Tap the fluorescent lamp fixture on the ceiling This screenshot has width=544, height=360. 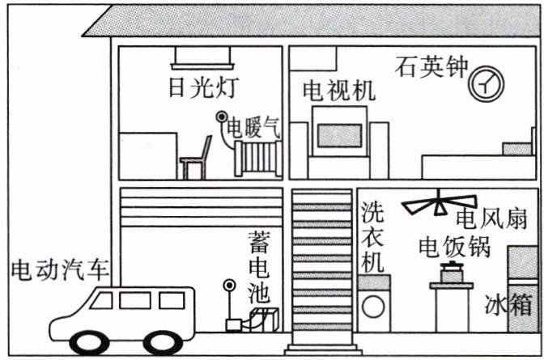click(202, 57)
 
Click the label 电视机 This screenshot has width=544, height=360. click(338, 90)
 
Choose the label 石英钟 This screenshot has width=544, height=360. click(431, 66)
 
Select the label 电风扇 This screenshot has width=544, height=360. click(491, 219)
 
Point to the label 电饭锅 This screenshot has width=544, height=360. click(454, 246)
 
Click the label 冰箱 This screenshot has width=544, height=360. click(508, 306)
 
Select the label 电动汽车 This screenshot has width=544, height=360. click(61, 269)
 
